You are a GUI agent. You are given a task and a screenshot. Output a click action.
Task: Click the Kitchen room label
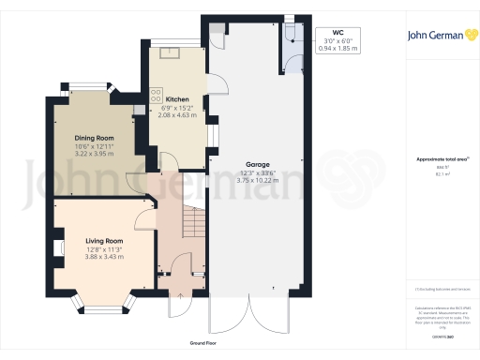(x=178, y=98)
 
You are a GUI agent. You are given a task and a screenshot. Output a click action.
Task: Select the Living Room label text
(x=93, y=241)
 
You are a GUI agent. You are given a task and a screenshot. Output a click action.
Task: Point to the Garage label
(x=245, y=162)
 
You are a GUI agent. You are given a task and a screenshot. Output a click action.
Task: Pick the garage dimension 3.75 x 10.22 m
(x=245, y=179)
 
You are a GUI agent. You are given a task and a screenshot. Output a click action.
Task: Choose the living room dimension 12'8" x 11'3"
(x=93, y=249)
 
